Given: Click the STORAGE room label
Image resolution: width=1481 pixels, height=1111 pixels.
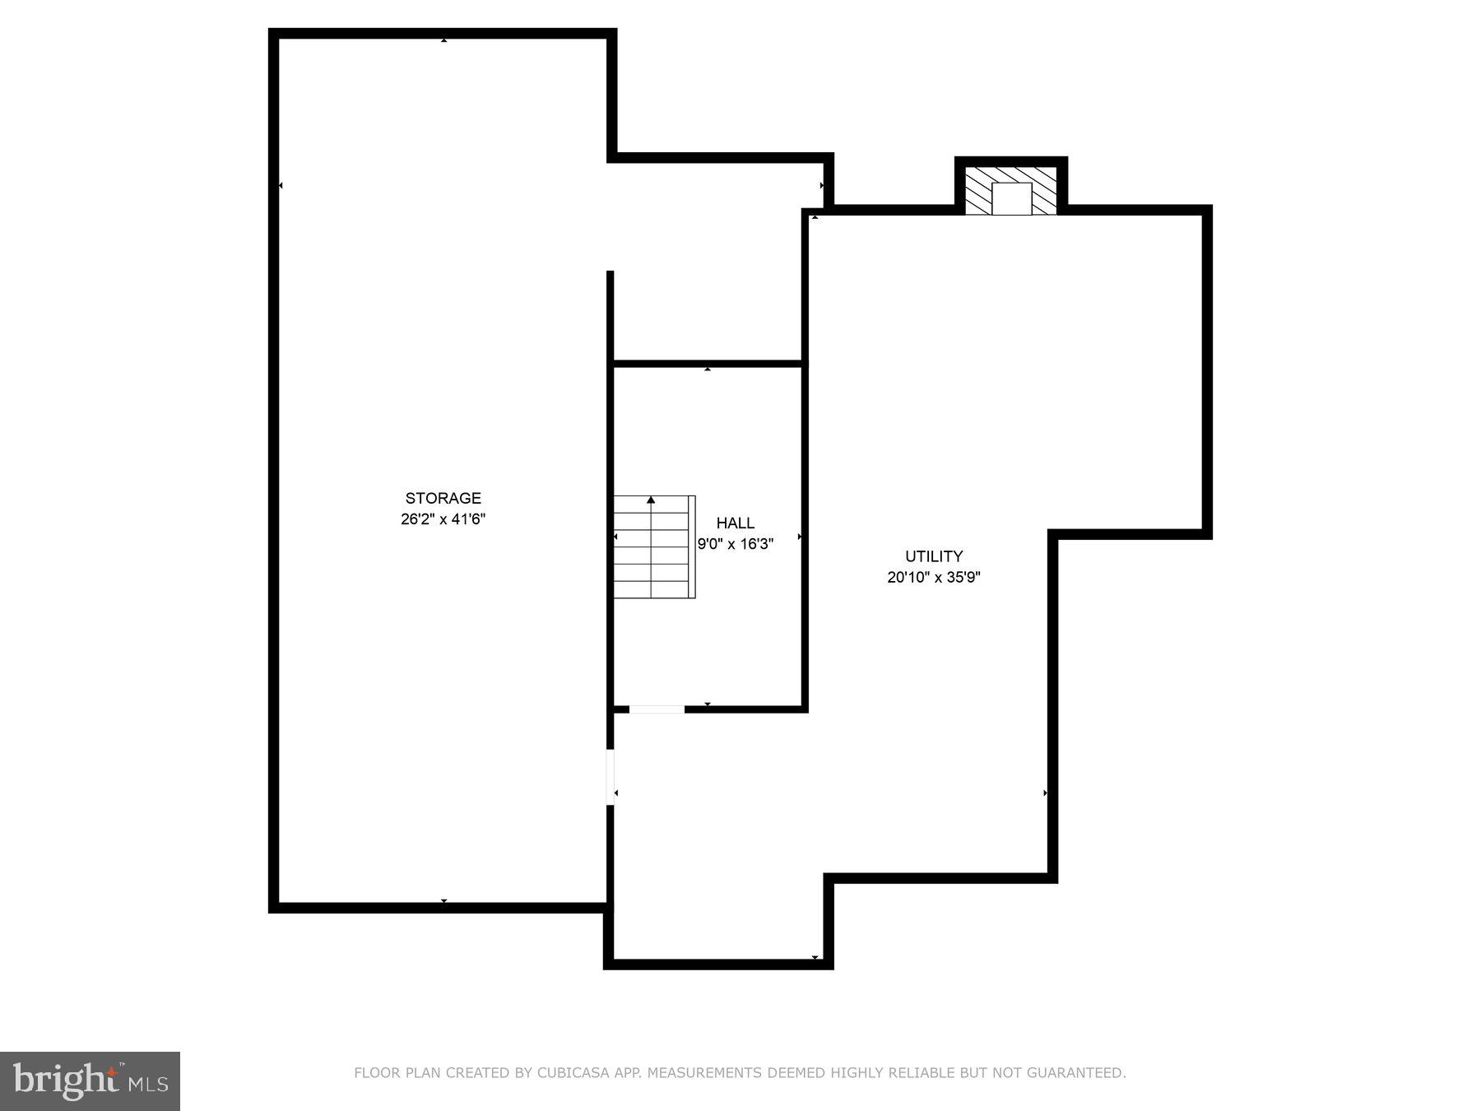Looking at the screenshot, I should (x=443, y=498).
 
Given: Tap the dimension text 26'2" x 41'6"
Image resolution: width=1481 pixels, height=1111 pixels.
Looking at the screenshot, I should (x=443, y=519).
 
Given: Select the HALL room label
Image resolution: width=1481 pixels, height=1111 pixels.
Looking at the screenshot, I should (x=735, y=523).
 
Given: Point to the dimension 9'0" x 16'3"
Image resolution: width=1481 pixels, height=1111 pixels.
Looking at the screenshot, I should (x=735, y=544).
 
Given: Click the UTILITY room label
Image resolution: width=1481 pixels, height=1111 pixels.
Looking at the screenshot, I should (x=934, y=556).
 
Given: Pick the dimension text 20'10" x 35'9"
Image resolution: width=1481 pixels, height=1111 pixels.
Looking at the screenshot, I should (x=934, y=578).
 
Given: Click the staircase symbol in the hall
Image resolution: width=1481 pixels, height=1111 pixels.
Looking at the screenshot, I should (x=653, y=547).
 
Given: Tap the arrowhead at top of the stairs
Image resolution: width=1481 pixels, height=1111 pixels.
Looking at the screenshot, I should (x=651, y=500).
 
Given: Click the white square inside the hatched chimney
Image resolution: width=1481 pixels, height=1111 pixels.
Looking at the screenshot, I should (x=1011, y=199).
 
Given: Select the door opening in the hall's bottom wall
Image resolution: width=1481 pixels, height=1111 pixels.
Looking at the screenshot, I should (x=657, y=709).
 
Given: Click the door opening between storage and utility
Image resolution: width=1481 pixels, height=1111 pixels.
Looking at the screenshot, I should (x=611, y=777).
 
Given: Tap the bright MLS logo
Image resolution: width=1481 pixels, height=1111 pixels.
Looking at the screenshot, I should (x=90, y=1081).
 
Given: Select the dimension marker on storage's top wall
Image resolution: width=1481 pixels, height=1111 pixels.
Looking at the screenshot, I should (x=444, y=40).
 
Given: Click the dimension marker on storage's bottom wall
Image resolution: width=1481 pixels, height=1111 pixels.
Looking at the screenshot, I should (x=444, y=902).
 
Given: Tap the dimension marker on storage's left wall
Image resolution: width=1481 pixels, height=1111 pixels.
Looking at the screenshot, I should (x=281, y=186).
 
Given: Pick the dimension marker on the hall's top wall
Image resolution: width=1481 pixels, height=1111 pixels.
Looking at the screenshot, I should (x=708, y=370).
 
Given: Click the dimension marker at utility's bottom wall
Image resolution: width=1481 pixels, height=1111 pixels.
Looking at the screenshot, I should (x=815, y=958).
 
